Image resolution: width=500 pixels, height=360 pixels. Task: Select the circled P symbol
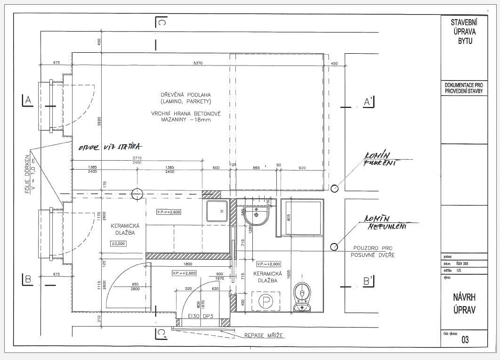pyautogui.click(x=266, y=301)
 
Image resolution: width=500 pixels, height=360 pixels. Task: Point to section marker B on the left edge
pyautogui.click(x=28, y=279)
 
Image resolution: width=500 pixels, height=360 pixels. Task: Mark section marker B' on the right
pyautogui.click(x=368, y=281)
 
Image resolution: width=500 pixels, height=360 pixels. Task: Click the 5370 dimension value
pyautogui.click(x=198, y=64)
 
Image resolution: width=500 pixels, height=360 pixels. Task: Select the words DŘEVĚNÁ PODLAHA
pyautogui.click(x=185, y=95)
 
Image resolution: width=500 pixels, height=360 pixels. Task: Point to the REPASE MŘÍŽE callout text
pyautogui.click(x=264, y=336)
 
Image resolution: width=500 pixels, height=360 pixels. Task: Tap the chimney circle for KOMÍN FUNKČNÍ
pyautogui.click(x=334, y=188)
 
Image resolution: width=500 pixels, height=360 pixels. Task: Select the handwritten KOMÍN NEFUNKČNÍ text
pyautogui.click(x=385, y=222)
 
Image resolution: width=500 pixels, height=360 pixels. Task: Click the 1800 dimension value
pyautogui.click(x=187, y=264)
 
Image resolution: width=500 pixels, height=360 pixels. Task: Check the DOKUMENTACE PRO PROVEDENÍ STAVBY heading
pyautogui.click(x=464, y=88)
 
